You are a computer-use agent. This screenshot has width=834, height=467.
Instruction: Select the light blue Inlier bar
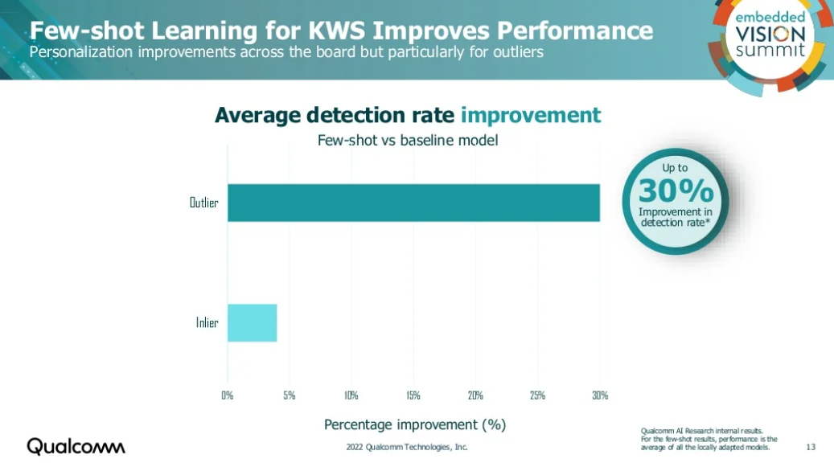click(x=252, y=322)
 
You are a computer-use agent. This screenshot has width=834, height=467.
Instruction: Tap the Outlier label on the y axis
click(x=203, y=203)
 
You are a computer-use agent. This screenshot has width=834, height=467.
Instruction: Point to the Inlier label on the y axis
click(x=207, y=323)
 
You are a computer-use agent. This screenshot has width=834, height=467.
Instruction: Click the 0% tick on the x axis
click(x=228, y=395)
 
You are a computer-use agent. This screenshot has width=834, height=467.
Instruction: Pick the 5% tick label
click(x=290, y=395)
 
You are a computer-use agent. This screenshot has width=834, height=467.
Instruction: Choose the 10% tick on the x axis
click(x=351, y=395)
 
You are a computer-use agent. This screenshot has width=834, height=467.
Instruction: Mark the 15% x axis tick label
click(x=413, y=395)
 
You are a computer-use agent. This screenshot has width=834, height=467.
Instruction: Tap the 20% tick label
click(x=475, y=395)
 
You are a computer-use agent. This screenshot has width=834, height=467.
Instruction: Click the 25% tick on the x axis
click(x=538, y=395)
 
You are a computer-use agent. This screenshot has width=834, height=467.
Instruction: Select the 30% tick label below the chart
click(x=600, y=395)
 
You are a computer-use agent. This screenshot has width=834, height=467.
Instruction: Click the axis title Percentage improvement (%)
click(x=414, y=424)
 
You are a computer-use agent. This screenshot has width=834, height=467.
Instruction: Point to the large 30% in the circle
click(x=676, y=191)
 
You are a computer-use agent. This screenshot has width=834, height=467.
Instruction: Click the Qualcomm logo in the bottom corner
click(x=76, y=446)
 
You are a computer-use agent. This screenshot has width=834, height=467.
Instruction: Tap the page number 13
click(x=810, y=447)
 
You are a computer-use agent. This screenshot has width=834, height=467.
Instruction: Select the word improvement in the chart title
click(x=531, y=115)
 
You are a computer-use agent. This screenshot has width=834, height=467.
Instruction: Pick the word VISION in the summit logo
click(x=769, y=33)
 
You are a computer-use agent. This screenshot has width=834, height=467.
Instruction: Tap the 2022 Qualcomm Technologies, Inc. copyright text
click(x=407, y=447)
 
